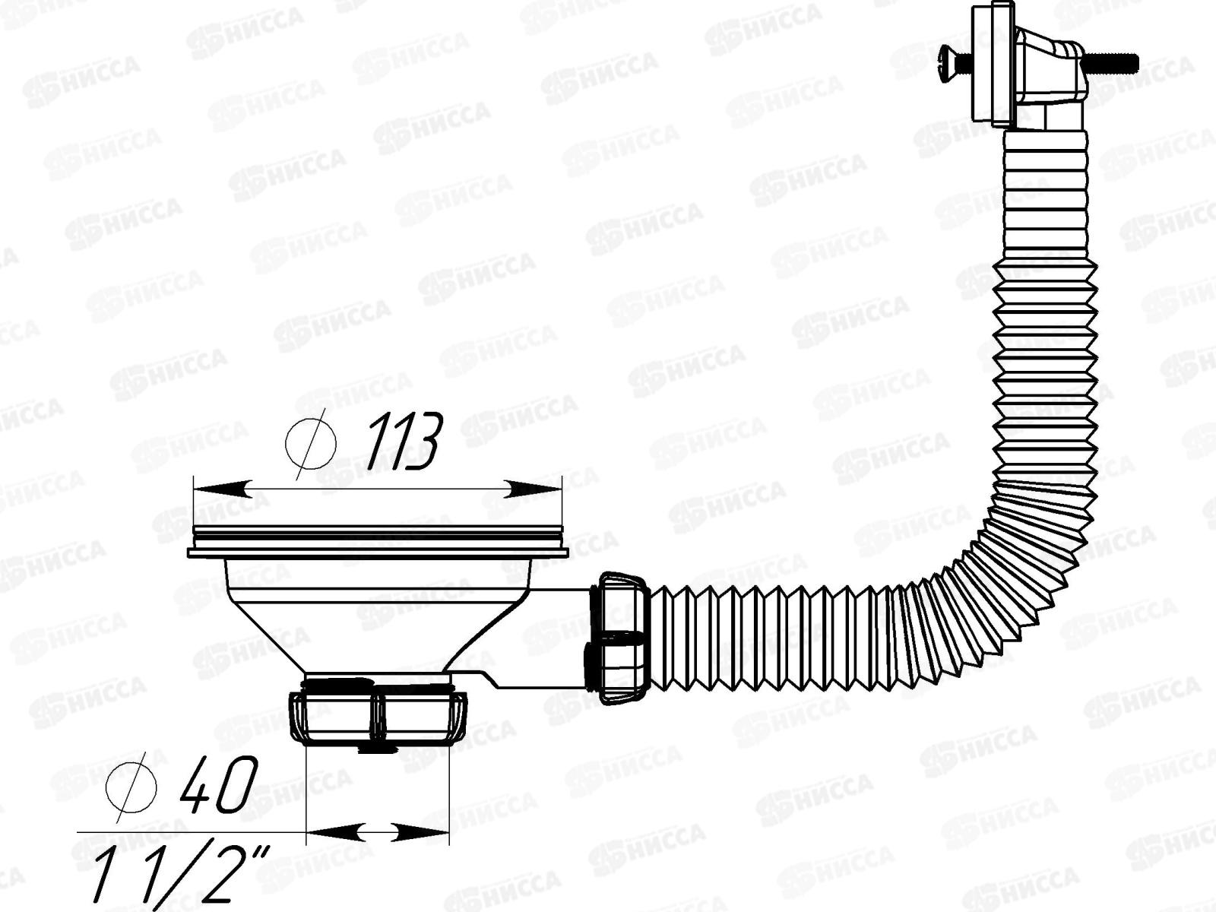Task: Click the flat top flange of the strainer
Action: [x=378, y=541]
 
